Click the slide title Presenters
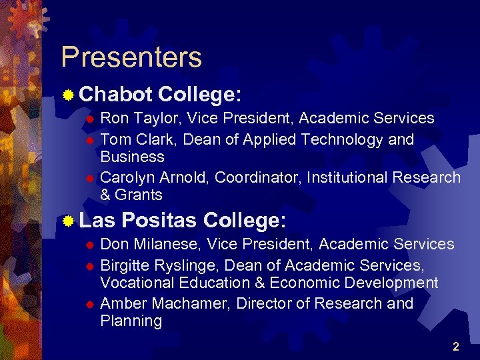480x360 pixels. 131,57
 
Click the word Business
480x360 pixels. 132,157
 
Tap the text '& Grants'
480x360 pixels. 131,195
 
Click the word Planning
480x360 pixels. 131,321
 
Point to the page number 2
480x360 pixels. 456,347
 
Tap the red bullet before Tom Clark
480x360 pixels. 91,141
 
